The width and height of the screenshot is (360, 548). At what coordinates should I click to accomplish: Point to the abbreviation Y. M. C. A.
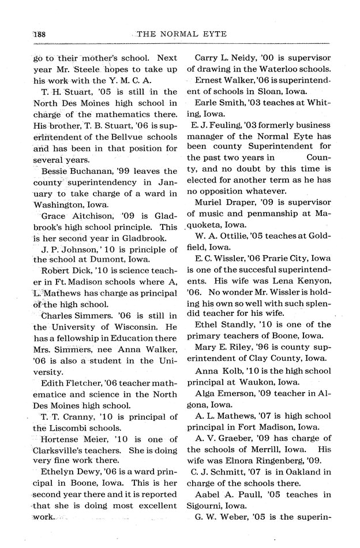pos(129,80)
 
